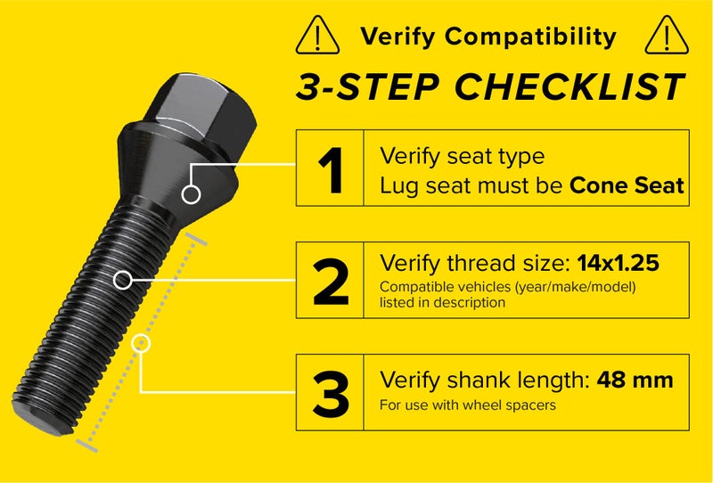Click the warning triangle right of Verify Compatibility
pyautogui.click(x=663, y=36)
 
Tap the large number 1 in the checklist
pyautogui.click(x=331, y=168)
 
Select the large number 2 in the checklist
pyautogui.click(x=331, y=280)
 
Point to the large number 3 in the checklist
pyautogui.click(x=331, y=392)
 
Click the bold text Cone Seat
pyautogui.click(x=627, y=185)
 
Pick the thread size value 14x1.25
pyautogui.click(x=619, y=264)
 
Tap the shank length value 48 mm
pyautogui.click(x=635, y=381)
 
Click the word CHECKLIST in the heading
pyautogui.click(x=570, y=87)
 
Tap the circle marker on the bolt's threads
pyautogui.click(x=123, y=280)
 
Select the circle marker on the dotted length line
pyautogui.click(x=142, y=342)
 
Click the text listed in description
pyautogui.click(x=442, y=302)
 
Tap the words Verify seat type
pyautogui.click(x=462, y=156)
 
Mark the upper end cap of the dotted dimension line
pyautogui.click(x=198, y=238)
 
